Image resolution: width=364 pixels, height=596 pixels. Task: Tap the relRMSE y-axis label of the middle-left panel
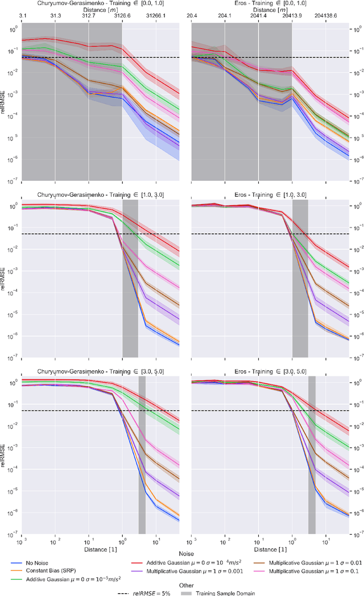coord(5,279)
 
